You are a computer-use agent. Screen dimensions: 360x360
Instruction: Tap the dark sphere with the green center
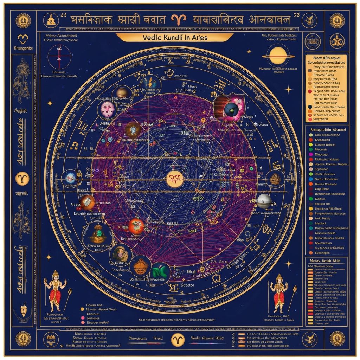(231, 107)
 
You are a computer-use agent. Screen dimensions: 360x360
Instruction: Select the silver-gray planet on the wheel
(264, 201)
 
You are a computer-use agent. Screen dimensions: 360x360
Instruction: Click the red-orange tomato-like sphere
(136, 226)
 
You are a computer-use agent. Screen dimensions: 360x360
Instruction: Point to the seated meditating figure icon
(50, 20)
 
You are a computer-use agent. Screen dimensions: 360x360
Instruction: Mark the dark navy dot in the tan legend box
(310, 107)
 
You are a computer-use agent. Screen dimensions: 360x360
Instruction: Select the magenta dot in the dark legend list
(310, 154)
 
